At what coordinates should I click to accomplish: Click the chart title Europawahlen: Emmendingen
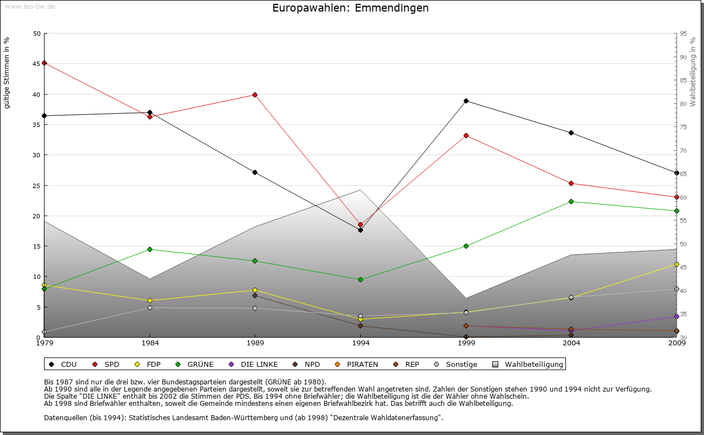click(350, 8)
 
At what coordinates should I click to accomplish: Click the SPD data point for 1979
click(45, 63)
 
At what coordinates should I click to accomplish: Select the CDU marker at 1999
click(466, 101)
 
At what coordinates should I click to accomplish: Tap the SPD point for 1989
click(255, 95)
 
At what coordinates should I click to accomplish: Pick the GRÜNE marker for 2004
click(571, 201)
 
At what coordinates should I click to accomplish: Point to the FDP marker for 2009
click(676, 265)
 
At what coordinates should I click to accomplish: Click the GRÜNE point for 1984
click(150, 249)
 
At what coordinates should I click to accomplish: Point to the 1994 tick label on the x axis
click(361, 343)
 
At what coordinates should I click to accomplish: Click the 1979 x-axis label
click(45, 343)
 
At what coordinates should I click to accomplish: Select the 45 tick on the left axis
click(37, 64)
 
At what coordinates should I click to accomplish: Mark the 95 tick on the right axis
click(684, 34)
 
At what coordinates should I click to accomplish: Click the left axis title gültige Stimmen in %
click(7, 73)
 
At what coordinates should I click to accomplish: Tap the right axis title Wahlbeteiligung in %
click(693, 71)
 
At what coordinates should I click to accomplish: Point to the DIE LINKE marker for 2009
click(676, 317)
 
